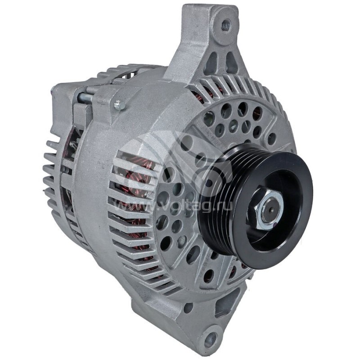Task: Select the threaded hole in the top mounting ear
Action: coord(225,24)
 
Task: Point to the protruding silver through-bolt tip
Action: coord(119,105)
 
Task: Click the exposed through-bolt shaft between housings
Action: coord(85,96)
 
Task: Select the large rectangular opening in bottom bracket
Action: coord(225,306)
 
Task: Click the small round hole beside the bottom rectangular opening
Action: coord(188,308)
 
